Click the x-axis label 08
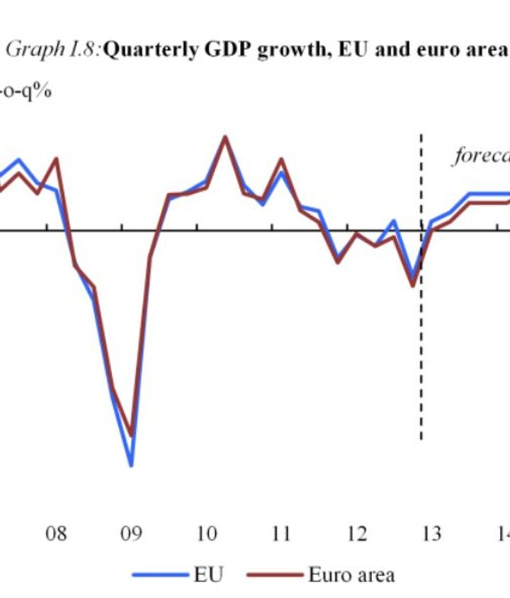pos(57,533)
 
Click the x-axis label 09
pos(132,533)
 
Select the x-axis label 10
pos(206,533)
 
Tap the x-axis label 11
pos(281,533)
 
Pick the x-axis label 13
pos(431,533)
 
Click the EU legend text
pos(208,574)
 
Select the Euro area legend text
pos(351,574)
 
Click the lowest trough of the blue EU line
pos(131,465)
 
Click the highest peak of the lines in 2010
pos(225,137)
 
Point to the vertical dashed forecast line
pos(421,354)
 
